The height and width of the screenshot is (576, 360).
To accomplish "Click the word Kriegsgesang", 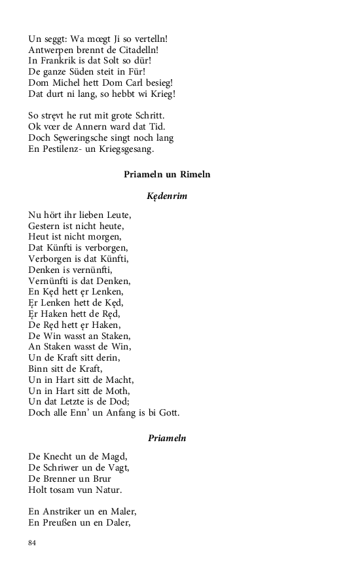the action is [x=124, y=149].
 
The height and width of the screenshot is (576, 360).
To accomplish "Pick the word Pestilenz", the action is [x=60, y=149].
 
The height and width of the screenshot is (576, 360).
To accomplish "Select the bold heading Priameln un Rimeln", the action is [x=167, y=175].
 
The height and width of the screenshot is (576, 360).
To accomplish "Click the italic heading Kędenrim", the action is [x=167, y=196].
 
